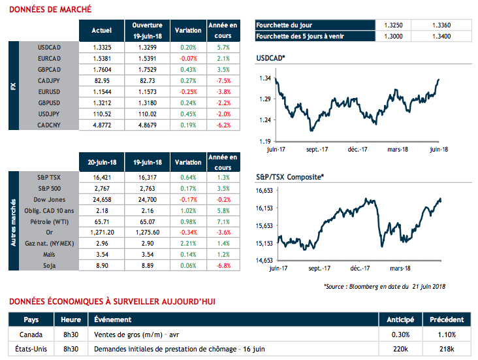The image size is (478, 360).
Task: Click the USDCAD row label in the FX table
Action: pos(50,48)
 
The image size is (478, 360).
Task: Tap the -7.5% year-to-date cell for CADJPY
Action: pos(223,80)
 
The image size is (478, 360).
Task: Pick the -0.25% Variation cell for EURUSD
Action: pos(188,91)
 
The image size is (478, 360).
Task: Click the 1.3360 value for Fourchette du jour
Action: pos(441,25)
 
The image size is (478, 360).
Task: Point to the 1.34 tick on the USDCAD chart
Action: pos(264,78)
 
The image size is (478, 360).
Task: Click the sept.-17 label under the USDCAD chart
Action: pos(317,150)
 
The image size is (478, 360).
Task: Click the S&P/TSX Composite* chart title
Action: pos(289,176)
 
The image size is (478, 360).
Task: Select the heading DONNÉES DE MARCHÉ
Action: pos(49,10)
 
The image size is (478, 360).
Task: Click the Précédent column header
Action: pos(447,320)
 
